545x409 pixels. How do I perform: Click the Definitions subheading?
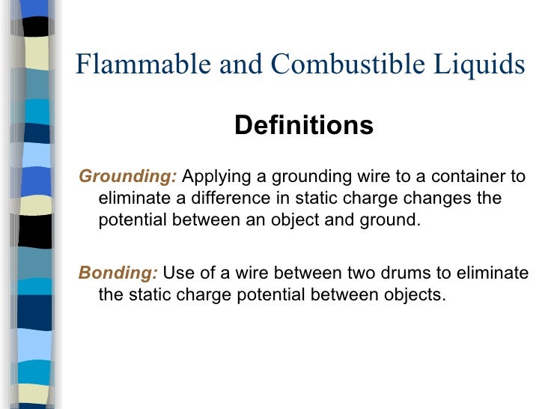click(303, 125)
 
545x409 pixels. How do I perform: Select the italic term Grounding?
click(128, 177)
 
